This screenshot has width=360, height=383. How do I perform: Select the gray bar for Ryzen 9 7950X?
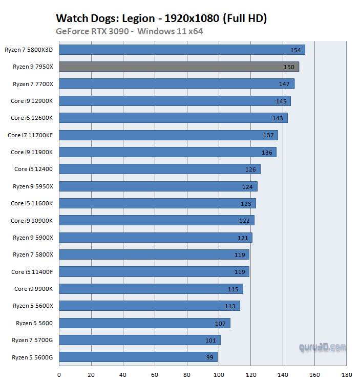[179, 67]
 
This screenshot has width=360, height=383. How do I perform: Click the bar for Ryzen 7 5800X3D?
[182, 50]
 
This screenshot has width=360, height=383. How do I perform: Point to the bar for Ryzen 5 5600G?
[138, 357]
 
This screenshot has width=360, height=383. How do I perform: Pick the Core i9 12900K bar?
[175, 101]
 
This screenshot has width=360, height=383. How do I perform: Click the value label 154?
[295, 50]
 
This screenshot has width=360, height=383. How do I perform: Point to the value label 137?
[268, 135]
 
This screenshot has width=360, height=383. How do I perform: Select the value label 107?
[221, 323]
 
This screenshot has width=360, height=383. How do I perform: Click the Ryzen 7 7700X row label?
[33, 83]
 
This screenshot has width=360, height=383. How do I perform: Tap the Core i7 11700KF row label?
[30, 135]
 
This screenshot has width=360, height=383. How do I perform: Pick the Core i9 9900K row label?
[33, 289]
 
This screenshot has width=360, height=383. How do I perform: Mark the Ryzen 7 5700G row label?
[32, 340]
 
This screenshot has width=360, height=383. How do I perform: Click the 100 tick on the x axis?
[219, 374]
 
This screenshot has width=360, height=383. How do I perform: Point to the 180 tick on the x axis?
[347, 374]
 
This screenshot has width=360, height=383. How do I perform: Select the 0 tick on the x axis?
[59, 374]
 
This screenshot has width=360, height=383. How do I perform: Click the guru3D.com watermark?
[323, 348]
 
